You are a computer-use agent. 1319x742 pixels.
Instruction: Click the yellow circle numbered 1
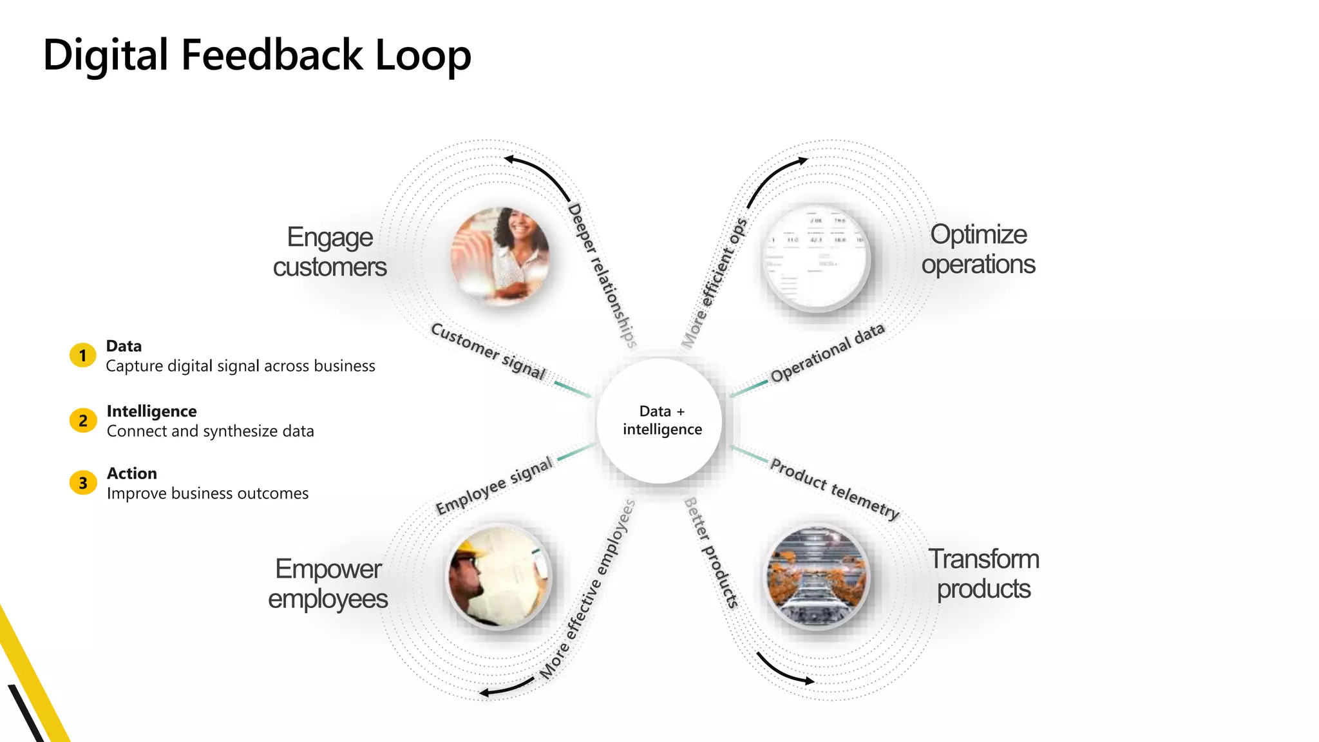click(x=82, y=355)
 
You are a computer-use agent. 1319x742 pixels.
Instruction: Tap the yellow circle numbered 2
click(x=82, y=421)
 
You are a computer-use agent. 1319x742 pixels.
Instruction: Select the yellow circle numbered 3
click(x=82, y=482)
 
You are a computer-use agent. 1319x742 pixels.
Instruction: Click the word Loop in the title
click(x=423, y=55)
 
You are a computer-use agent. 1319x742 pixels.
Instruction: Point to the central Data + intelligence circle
click(x=661, y=421)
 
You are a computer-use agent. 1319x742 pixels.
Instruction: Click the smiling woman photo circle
click(x=500, y=256)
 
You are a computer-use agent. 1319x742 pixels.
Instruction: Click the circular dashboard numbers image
click(x=816, y=258)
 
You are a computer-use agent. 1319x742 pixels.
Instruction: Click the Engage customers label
click(x=330, y=252)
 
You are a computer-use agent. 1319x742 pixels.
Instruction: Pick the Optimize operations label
click(x=978, y=249)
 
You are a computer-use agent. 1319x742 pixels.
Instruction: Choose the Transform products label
click(x=983, y=573)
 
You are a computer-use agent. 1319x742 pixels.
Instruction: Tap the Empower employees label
click(x=328, y=584)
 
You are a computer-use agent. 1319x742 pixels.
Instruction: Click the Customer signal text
click(x=488, y=351)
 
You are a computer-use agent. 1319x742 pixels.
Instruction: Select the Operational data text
click(x=827, y=353)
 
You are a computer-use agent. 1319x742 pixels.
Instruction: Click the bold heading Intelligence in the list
click(x=151, y=411)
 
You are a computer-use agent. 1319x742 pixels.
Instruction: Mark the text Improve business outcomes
click(x=207, y=493)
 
